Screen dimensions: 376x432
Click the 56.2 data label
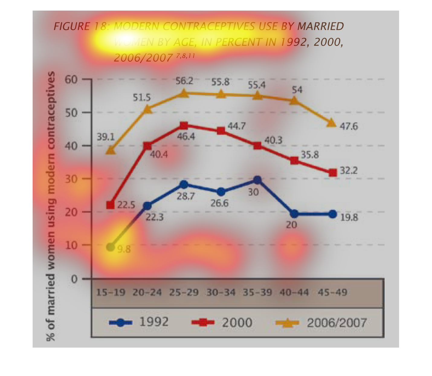click(x=184, y=81)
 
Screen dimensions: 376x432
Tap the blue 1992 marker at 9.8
click(x=111, y=247)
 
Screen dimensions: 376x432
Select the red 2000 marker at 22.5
click(x=111, y=205)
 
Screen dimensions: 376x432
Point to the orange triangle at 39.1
click(x=111, y=150)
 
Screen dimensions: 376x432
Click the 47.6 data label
click(x=349, y=126)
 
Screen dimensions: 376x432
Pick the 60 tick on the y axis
click(x=71, y=79)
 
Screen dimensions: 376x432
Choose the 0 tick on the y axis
click(x=74, y=279)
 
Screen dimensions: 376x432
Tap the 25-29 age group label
click(x=184, y=293)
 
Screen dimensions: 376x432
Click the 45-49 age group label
click(x=332, y=293)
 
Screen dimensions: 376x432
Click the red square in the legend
click(x=203, y=323)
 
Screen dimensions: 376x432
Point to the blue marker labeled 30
click(x=257, y=180)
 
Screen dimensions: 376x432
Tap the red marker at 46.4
click(x=184, y=125)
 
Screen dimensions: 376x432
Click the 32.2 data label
click(x=349, y=170)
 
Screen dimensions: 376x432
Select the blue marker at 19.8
click(x=333, y=214)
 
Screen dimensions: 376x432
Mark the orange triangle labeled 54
click(x=294, y=100)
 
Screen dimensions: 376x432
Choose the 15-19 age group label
click(x=111, y=293)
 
